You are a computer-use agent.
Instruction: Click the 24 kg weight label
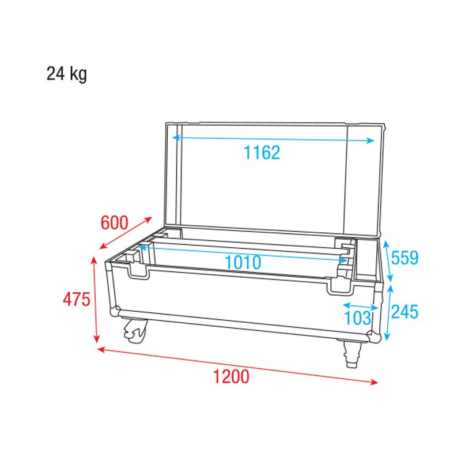click(x=67, y=75)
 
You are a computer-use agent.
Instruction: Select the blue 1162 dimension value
click(x=261, y=153)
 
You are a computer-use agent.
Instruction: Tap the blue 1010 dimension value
click(x=243, y=262)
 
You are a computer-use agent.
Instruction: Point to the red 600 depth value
click(x=114, y=222)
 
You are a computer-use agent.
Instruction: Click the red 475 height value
click(x=77, y=300)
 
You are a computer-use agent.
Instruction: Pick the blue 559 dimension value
click(x=405, y=258)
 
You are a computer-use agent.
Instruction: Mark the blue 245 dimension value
click(x=405, y=312)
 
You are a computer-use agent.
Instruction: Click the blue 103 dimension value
click(x=357, y=318)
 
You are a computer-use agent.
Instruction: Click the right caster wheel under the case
click(x=351, y=353)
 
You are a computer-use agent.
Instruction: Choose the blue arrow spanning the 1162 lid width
click(x=273, y=139)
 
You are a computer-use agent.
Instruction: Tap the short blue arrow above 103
click(x=361, y=306)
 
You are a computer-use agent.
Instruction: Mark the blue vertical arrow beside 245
click(x=390, y=312)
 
